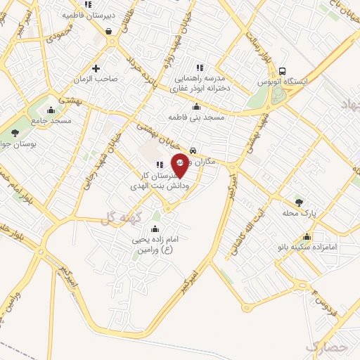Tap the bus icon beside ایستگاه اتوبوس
(282, 71)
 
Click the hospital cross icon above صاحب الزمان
(96, 69)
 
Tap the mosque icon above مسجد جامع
(51, 111)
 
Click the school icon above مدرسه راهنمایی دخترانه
(200, 67)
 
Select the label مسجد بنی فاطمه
(195, 117)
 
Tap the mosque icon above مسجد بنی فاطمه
(195, 107)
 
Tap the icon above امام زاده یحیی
(155, 229)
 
